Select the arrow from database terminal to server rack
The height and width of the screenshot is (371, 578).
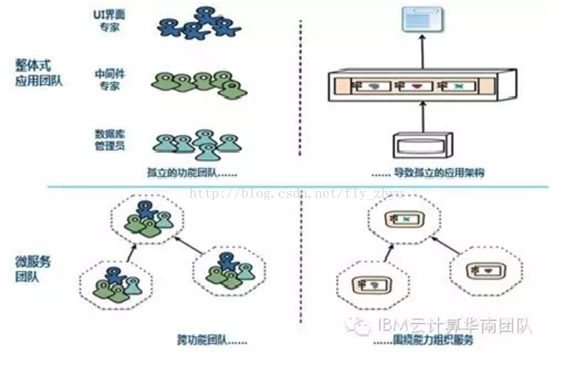tap(423, 117)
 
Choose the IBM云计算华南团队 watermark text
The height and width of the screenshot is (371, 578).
tap(453, 326)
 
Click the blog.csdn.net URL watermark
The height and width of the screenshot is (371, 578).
tap(295, 193)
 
